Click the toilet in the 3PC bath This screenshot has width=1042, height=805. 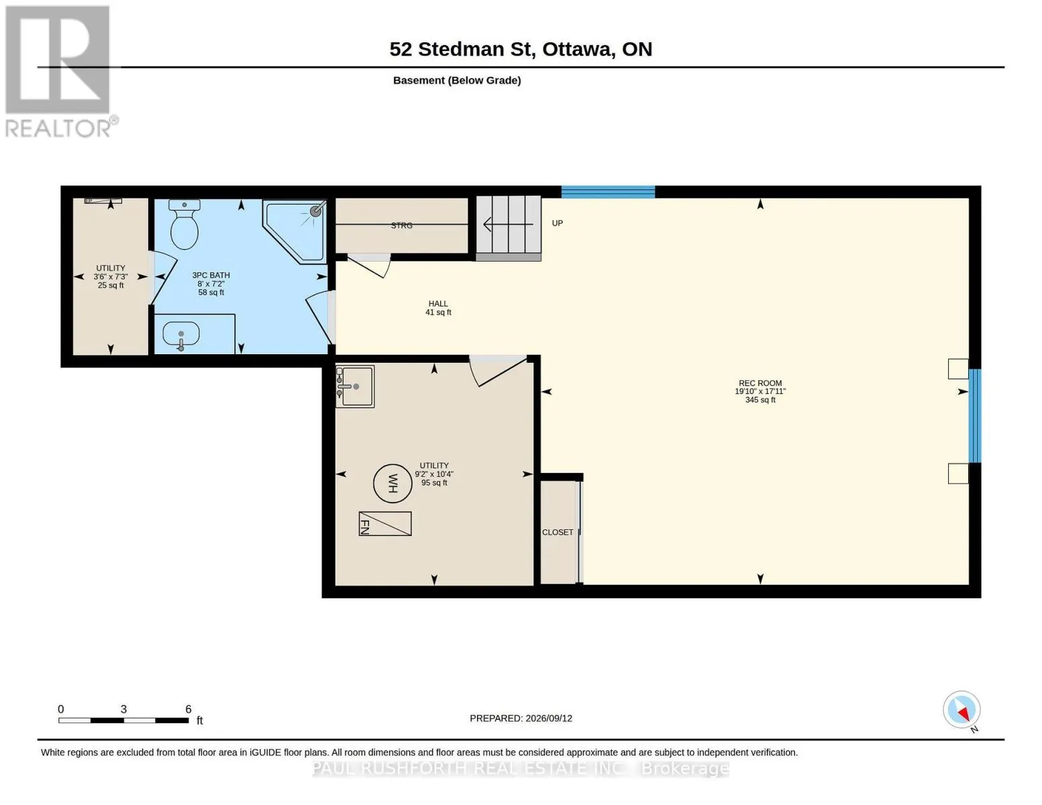[x=184, y=224]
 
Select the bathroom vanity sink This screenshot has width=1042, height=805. [x=180, y=333]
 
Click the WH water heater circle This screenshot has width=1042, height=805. [x=393, y=483]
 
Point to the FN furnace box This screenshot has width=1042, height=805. [x=385, y=523]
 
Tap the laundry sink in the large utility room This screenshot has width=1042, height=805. [x=355, y=386]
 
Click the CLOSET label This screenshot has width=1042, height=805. [x=557, y=532]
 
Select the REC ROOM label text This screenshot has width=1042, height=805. [x=760, y=383]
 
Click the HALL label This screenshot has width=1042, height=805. [x=438, y=303]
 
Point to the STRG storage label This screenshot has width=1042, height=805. [x=401, y=225]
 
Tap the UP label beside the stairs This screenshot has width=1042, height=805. [x=557, y=223]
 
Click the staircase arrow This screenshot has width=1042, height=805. [x=508, y=224]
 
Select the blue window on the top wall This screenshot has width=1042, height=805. [x=608, y=192]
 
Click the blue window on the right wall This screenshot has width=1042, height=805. [x=974, y=416]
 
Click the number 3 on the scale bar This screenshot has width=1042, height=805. [x=123, y=709]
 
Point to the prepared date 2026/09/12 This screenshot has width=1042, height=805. [x=549, y=718]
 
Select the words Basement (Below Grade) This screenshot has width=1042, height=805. [x=457, y=80]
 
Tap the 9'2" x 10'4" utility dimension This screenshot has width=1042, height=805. [x=434, y=474]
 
